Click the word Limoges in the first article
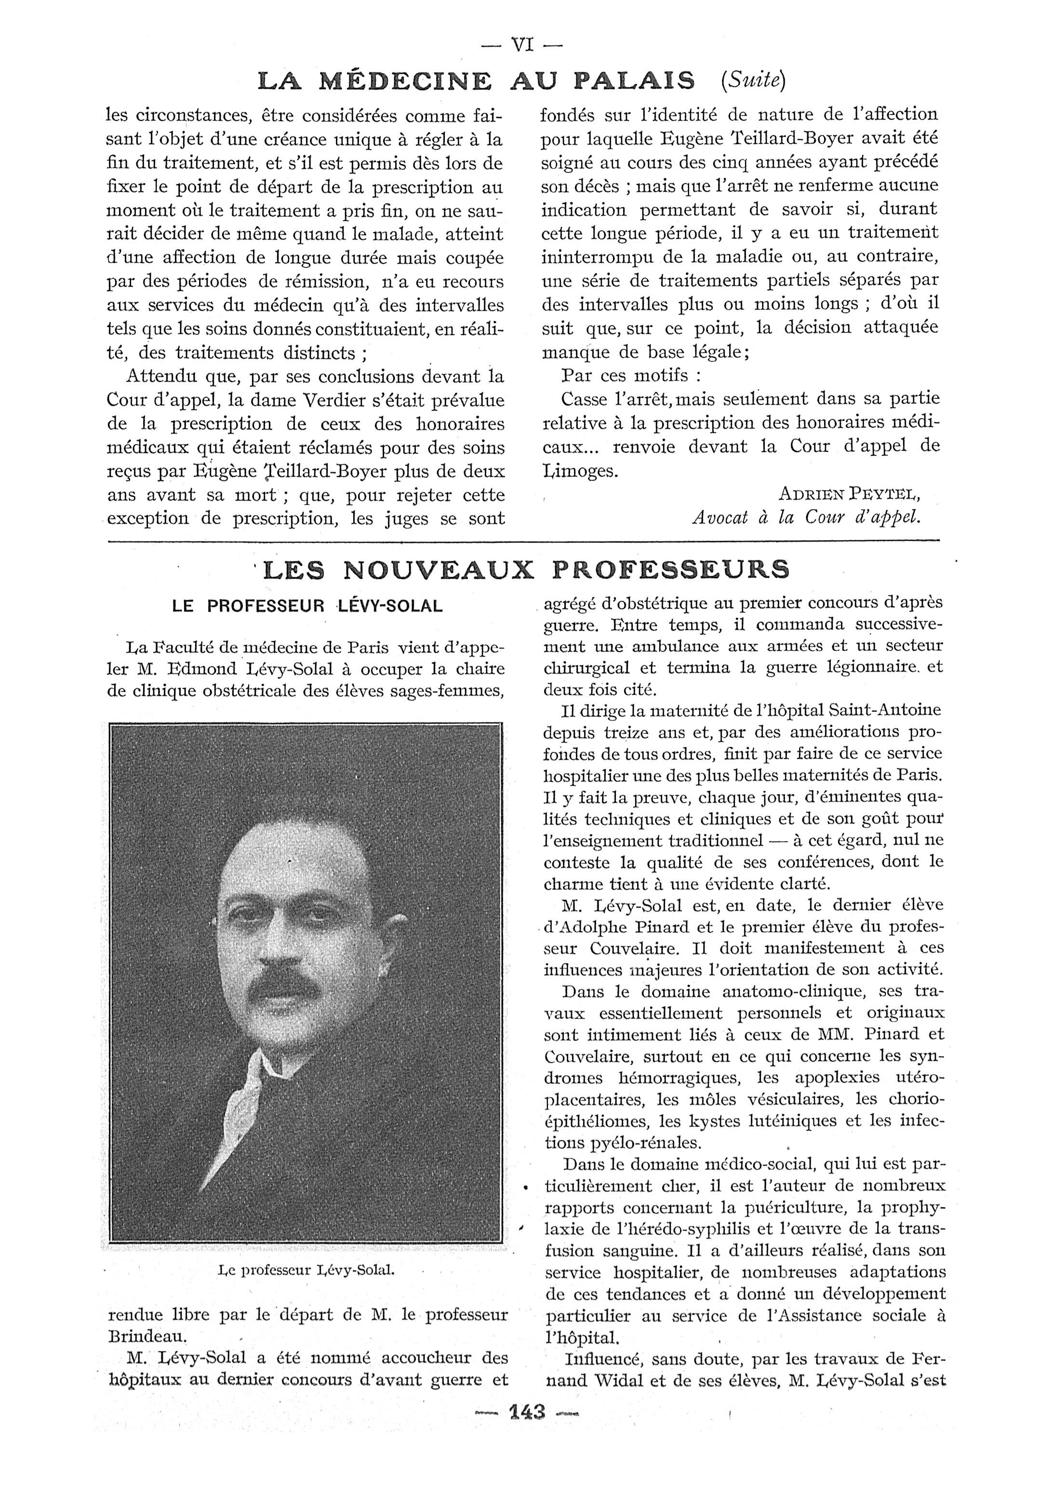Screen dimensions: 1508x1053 click(x=580, y=470)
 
